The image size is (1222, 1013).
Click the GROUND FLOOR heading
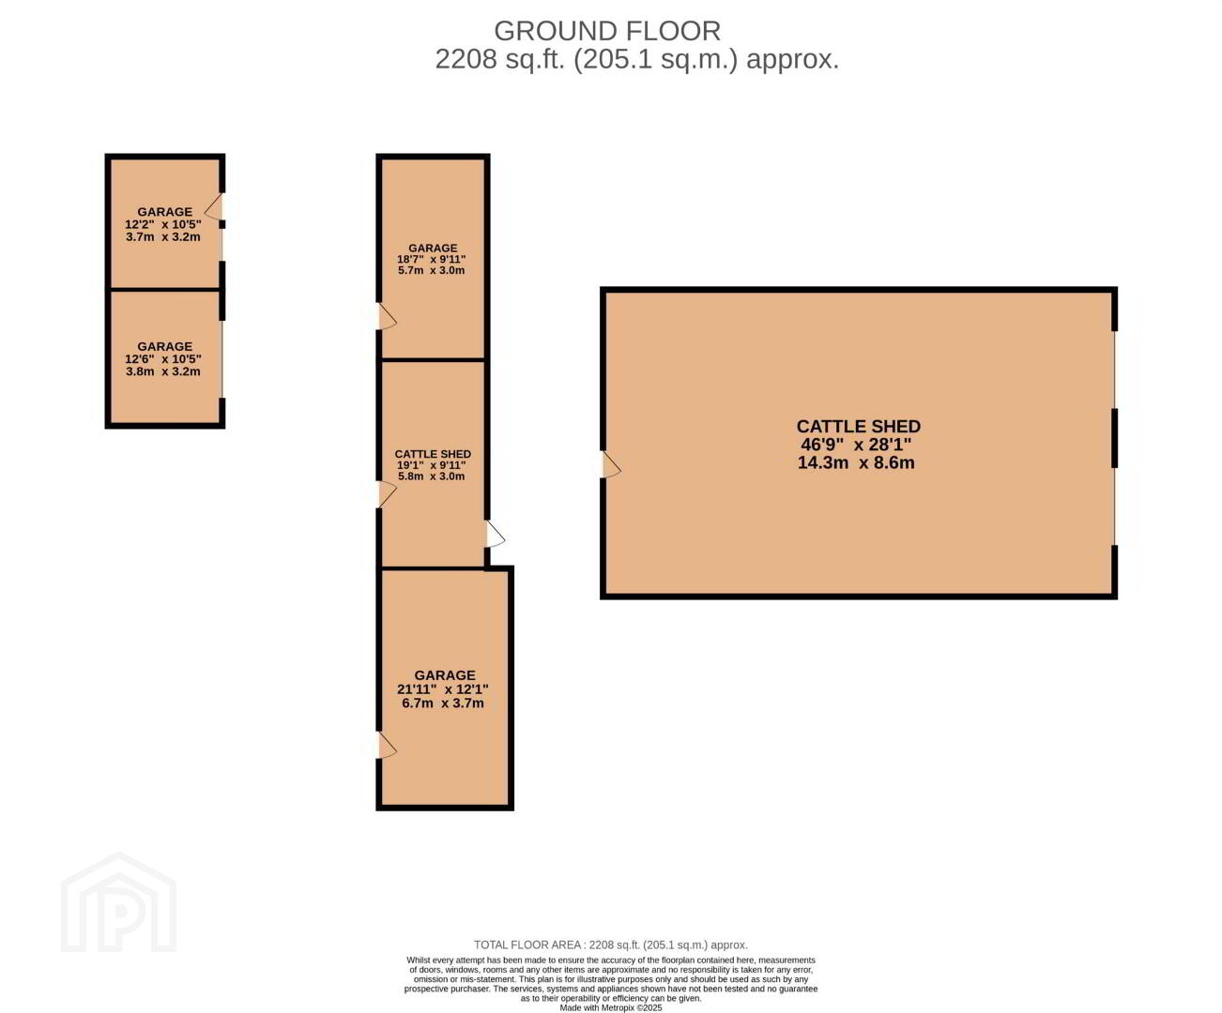point(607,31)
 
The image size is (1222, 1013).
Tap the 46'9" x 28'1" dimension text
point(856,445)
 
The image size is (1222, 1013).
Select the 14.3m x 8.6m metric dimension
point(856,462)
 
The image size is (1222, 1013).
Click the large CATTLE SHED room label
point(859,427)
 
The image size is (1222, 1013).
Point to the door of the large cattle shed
point(611,465)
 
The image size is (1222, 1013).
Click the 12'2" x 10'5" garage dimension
point(162,224)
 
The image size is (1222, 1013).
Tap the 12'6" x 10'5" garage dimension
point(162,358)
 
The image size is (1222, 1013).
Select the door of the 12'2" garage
point(214,206)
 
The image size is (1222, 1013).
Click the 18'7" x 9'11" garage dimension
point(432,259)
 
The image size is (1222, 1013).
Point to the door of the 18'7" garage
point(387,316)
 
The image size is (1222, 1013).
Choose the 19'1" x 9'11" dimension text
point(432,465)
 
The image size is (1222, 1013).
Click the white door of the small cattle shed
point(496,534)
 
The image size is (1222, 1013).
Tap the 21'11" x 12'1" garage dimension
point(442,689)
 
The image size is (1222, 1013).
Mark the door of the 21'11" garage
point(387,745)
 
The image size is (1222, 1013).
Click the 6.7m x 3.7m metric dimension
point(442,703)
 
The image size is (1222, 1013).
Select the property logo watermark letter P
point(119,919)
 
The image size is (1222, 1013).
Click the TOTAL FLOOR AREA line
point(610,945)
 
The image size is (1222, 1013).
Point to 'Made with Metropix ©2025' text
point(610,1007)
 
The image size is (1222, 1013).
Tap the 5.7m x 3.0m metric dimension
point(432,270)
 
